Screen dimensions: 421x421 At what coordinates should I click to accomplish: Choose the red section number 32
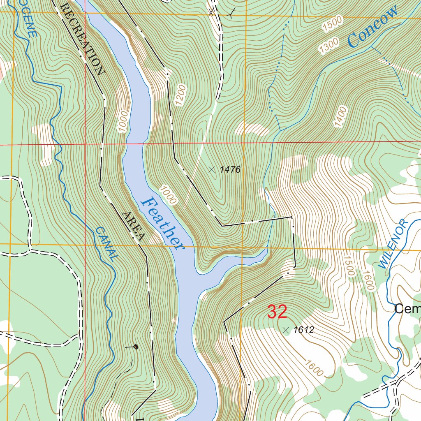click(x=277, y=312)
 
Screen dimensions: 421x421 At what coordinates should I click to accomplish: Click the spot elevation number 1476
click(x=230, y=169)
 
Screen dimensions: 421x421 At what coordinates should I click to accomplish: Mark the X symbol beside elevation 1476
click(x=211, y=169)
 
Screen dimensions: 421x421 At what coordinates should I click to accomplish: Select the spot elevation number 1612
click(x=304, y=330)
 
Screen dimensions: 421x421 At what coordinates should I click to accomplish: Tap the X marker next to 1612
click(x=286, y=329)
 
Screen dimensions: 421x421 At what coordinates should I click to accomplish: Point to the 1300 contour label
click(x=329, y=46)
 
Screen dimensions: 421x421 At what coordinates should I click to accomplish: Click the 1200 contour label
click(x=181, y=96)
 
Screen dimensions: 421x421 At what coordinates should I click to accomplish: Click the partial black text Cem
click(x=407, y=309)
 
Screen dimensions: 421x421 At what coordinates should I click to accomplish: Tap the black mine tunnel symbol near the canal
click(x=135, y=347)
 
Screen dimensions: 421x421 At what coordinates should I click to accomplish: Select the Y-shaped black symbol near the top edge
click(x=232, y=14)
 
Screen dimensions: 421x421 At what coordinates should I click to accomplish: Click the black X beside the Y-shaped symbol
click(x=211, y=12)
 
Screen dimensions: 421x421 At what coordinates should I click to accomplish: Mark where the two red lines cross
click(x=85, y=144)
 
